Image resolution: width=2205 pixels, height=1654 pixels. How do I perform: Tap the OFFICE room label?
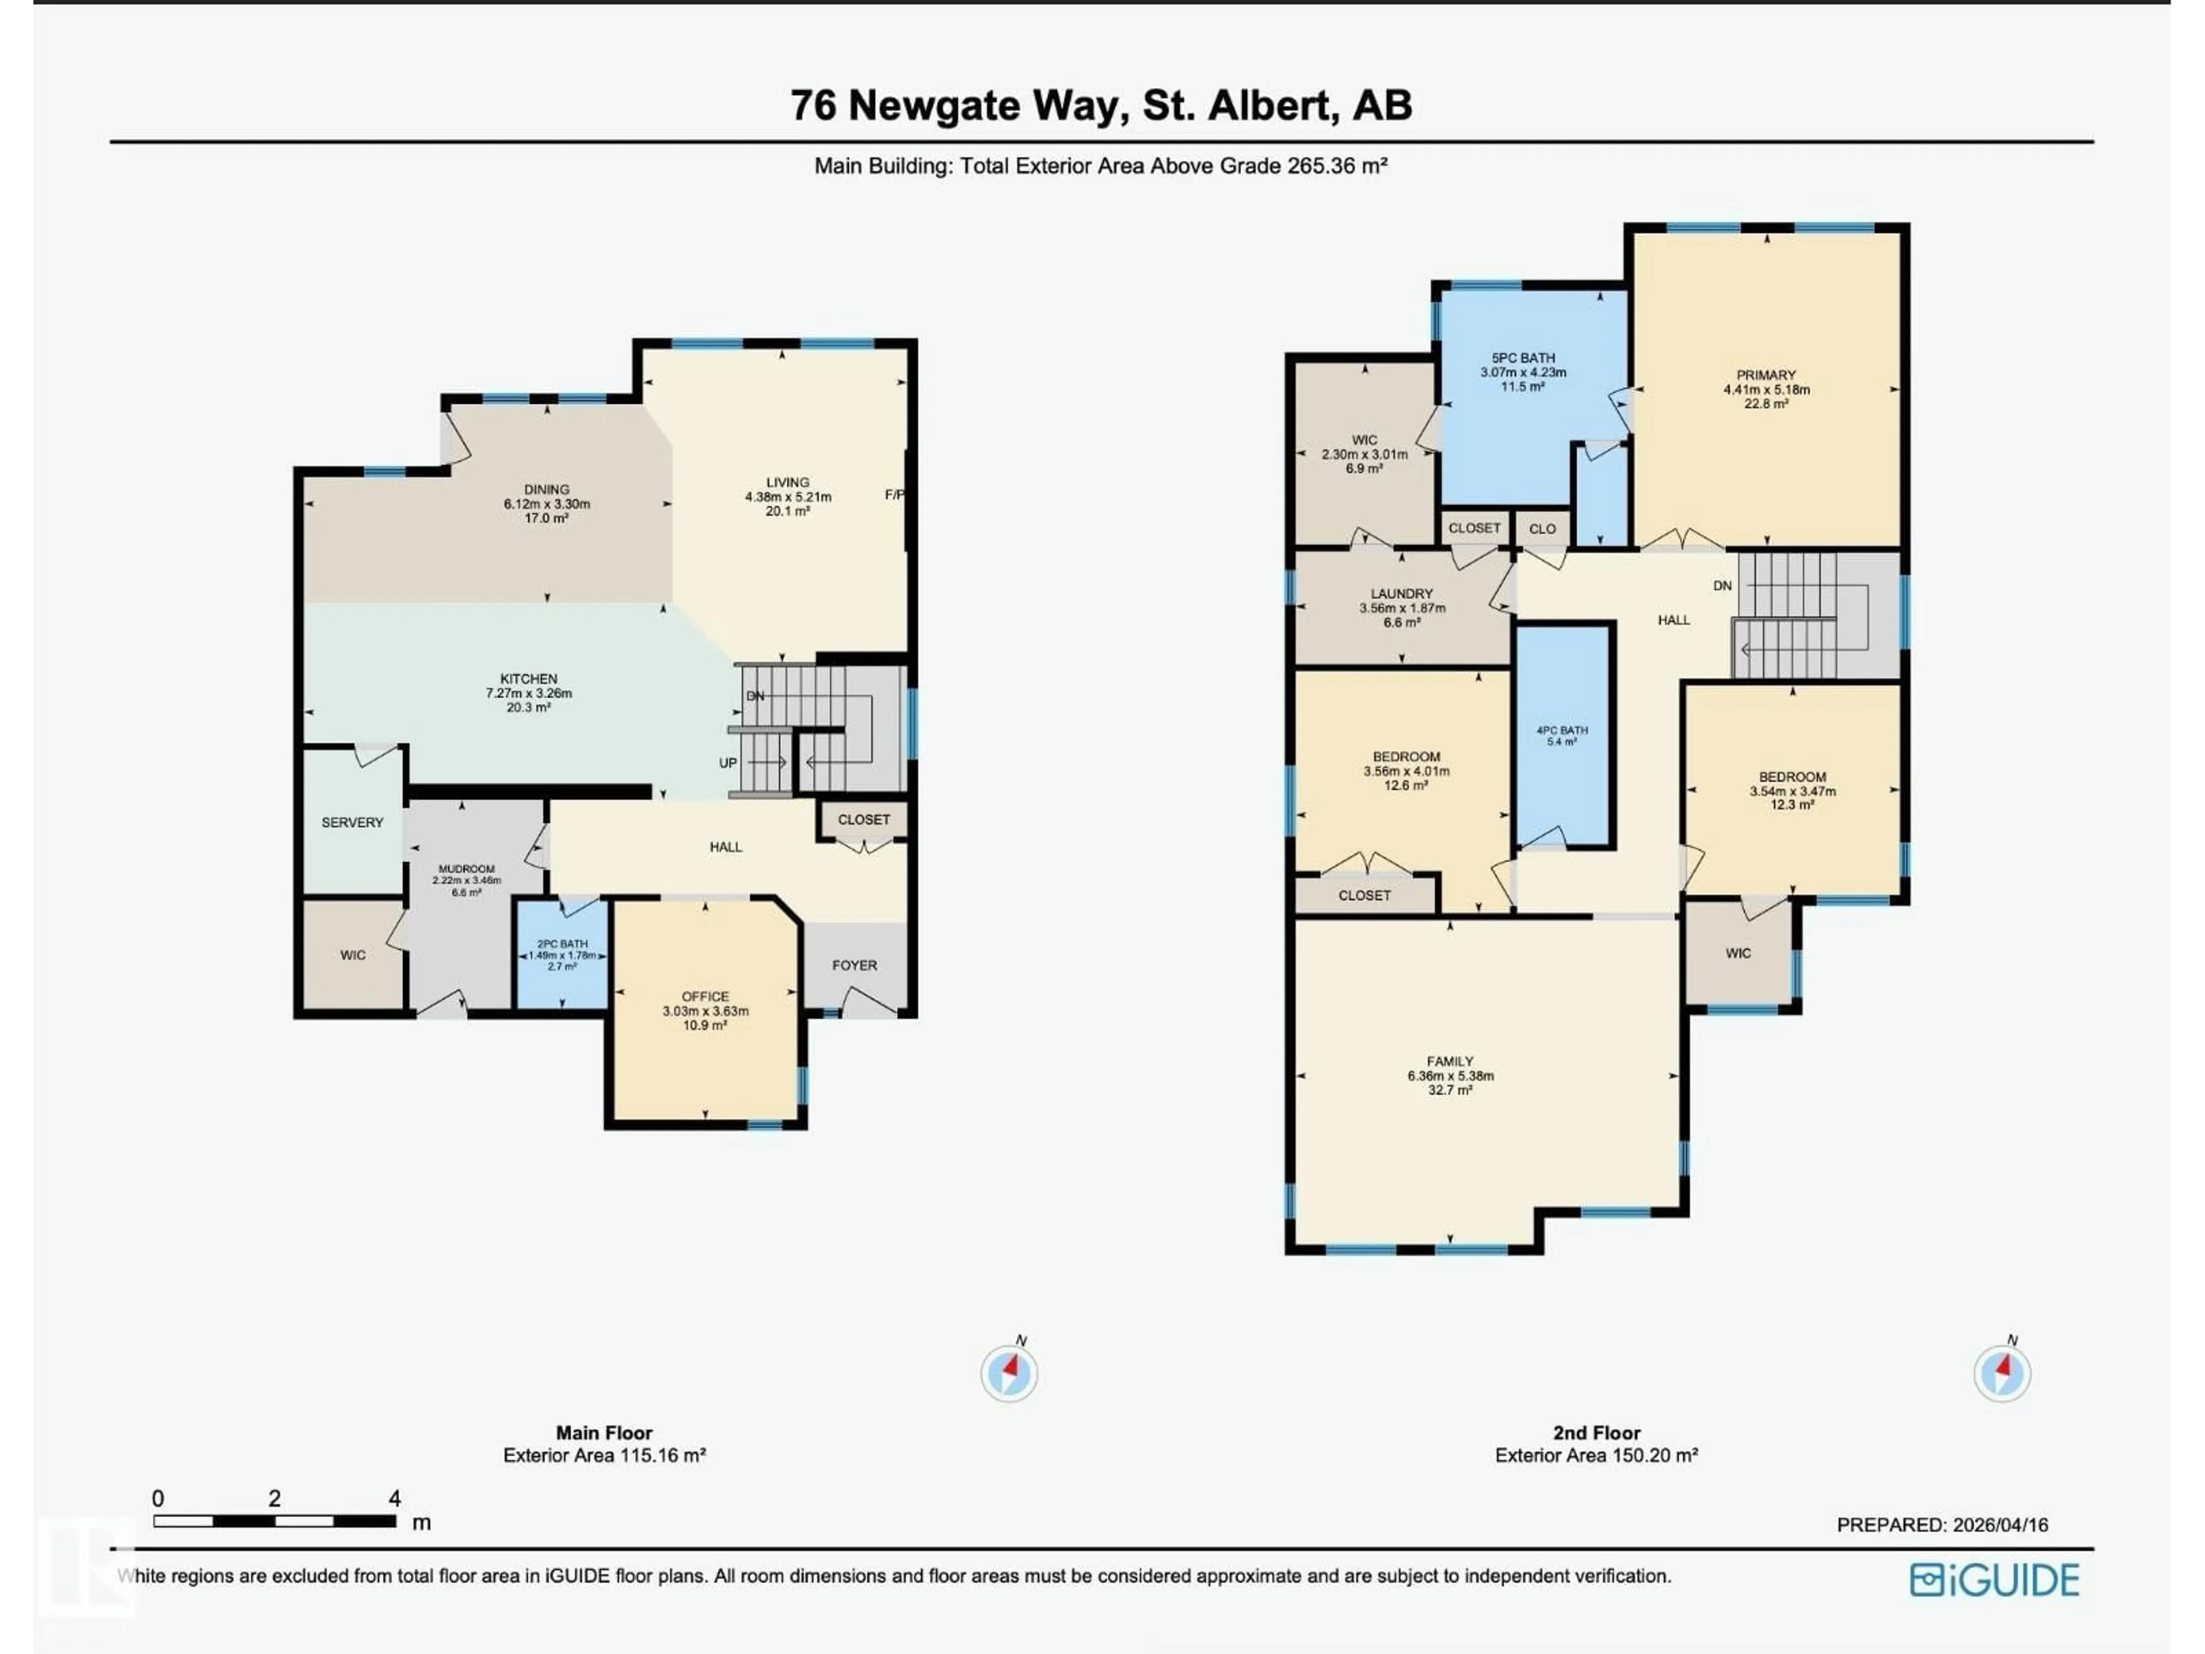click(705, 996)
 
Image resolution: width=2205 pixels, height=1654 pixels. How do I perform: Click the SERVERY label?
click(352, 822)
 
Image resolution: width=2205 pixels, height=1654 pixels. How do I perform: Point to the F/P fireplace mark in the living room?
click(894, 494)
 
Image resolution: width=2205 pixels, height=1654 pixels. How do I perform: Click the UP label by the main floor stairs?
click(728, 763)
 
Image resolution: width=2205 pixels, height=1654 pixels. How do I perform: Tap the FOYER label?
click(854, 965)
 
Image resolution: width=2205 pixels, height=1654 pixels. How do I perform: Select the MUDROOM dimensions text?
click(466, 882)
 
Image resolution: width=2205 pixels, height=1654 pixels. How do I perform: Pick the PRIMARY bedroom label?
click(1765, 375)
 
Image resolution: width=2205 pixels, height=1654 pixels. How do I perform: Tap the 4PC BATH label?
click(1561, 731)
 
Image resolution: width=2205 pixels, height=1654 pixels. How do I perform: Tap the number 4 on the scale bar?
click(394, 1498)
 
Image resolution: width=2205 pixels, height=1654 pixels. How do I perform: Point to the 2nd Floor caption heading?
click(1596, 1433)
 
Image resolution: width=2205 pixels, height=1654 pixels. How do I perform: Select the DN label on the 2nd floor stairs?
click(1723, 586)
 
